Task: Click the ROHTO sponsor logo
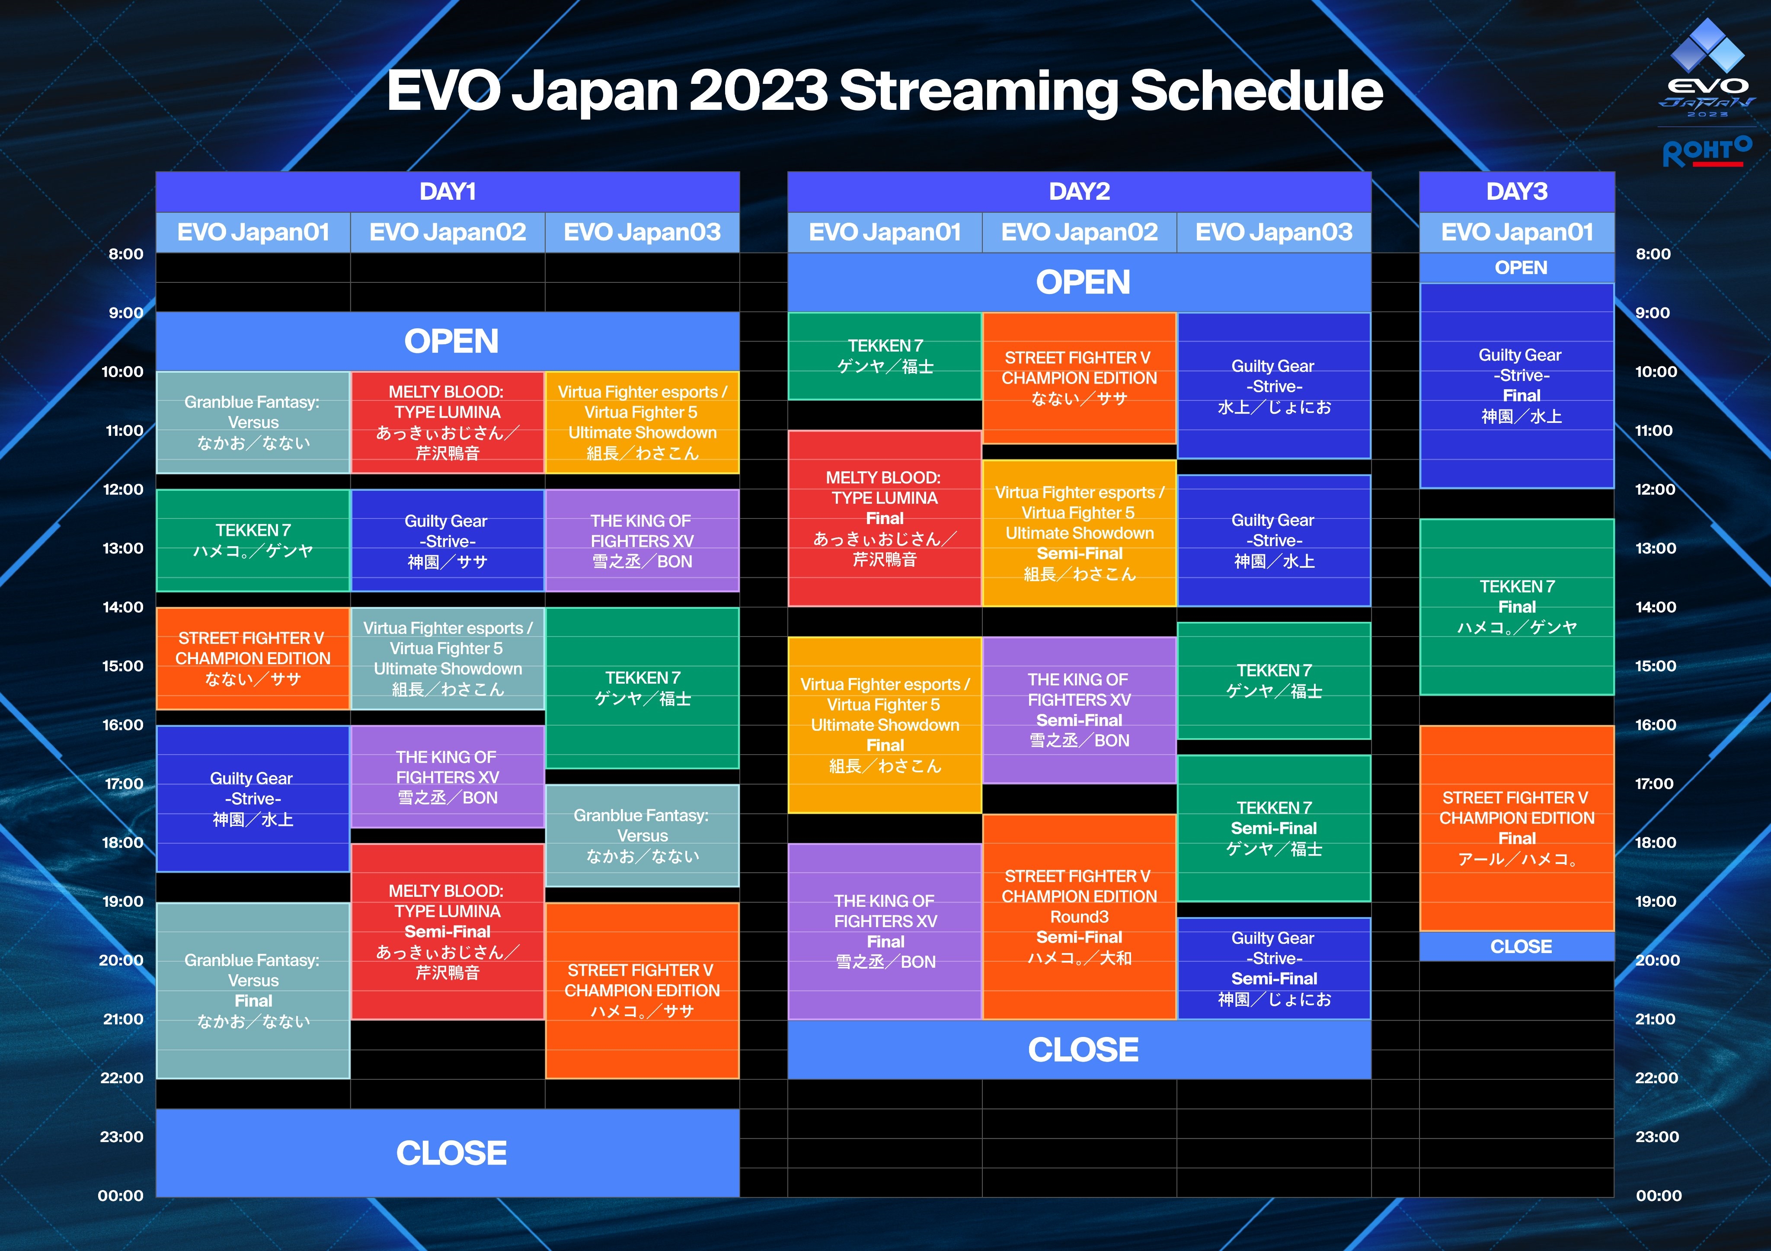pos(1707,151)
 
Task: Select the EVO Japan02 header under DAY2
pos(1079,232)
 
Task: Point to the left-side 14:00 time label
pos(123,607)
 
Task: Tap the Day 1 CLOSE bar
pos(448,1153)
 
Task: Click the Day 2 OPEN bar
pos(1079,282)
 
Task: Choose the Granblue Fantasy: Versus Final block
pos(253,990)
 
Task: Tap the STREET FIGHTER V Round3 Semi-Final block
pos(1079,916)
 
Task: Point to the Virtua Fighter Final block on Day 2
pos(885,725)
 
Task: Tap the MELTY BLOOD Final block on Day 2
pos(885,518)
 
